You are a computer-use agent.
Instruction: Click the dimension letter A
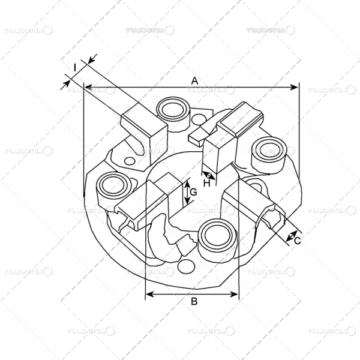pyautogui.click(x=194, y=80)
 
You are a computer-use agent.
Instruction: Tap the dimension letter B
pyautogui.click(x=194, y=302)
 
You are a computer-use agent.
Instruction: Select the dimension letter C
pyautogui.click(x=297, y=240)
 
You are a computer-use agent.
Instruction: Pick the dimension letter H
pyautogui.click(x=206, y=183)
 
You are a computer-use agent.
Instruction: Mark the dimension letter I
pyautogui.click(x=74, y=68)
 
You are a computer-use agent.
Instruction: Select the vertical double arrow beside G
pyautogui.click(x=186, y=193)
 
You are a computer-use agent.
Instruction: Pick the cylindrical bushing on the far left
pyautogui.click(x=110, y=187)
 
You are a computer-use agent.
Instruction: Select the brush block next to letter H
pyautogui.click(x=220, y=147)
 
